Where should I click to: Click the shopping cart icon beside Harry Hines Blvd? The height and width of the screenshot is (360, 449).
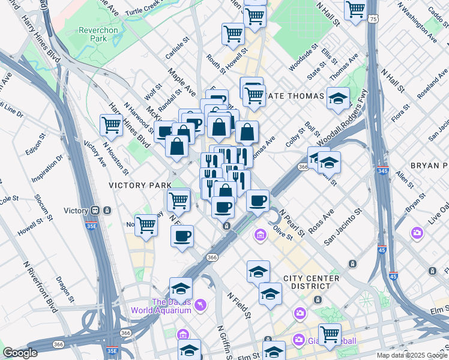pyautogui.click(x=112, y=125)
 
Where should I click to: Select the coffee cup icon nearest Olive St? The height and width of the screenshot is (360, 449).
pyautogui.click(x=258, y=200)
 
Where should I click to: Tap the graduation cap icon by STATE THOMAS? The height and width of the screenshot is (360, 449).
pyautogui.click(x=339, y=97)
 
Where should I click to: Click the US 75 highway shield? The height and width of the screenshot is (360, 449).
pyautogui.click(x=374, y=20)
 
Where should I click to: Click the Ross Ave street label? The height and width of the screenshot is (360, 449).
pyautogui.click(x=321, y=223)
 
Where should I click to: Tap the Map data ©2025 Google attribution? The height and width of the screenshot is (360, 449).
pyautogui.click(x=412, y=355)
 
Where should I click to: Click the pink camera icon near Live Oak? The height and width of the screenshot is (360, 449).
pyautogui.click(x=417, y=233)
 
